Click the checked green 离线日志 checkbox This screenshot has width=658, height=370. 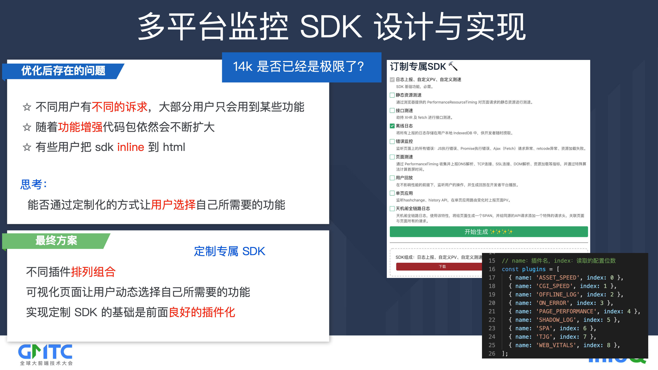coord(392,126)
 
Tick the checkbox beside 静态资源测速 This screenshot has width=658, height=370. coord(392,95)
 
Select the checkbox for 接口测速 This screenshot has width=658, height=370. coord(392,111)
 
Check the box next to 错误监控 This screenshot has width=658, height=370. coord(392,141)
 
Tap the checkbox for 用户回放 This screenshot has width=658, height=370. coord(392,178)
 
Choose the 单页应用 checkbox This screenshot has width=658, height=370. coord(392,193)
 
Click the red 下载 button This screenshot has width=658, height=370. coord(439,266)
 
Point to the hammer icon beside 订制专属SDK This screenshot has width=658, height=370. coord(453,66)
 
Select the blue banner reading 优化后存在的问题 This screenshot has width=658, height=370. coord(63,71)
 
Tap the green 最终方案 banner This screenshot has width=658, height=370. coord(56,241)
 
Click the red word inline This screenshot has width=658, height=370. coord(131,147)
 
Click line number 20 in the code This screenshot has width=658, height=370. coord(492,303)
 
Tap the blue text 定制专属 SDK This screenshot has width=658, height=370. coord(230,251)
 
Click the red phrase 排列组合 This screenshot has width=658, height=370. coord(93,272)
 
